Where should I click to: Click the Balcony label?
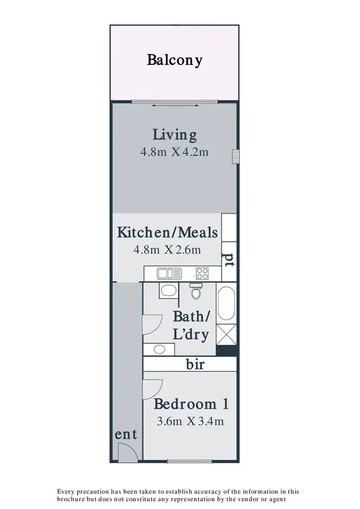(x=175, y=61)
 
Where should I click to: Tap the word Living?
(x=175, y=135)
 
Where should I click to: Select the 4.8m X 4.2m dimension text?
(x=175, y=152)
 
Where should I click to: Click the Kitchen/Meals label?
(x=168, y=233)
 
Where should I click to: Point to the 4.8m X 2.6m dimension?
(x=168, y=250)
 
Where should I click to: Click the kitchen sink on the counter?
(x=168, y=274)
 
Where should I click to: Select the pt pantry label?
(x=229, y=259)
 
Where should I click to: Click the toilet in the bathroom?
(x=195, y=291)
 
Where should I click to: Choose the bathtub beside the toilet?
(x=226, y=303)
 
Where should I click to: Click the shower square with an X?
(x=226, y=333)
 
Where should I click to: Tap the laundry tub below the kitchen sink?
(x=168, y=291)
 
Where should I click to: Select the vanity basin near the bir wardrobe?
(x=159, y=349)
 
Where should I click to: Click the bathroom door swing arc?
(x=153, y=325)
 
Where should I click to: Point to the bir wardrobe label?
(x=195, y=365)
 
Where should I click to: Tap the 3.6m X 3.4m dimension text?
(x=191, y=422)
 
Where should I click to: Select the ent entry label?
(x=126, y=435)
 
